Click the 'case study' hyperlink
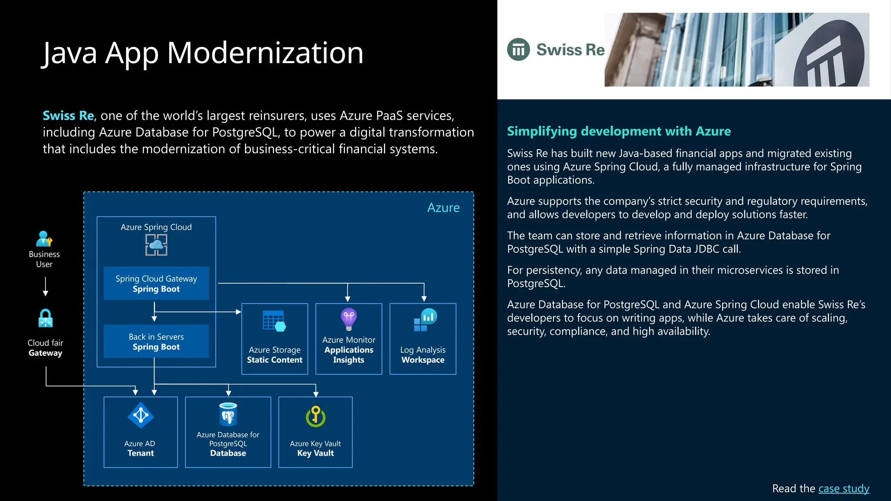844,489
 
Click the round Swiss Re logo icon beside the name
518,50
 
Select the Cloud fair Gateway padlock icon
45,318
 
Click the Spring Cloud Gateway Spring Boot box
156,284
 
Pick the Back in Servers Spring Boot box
156,341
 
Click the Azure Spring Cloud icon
156,245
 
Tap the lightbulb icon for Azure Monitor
348,319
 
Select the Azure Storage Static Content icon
274,321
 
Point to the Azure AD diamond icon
141,415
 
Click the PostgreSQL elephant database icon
228,414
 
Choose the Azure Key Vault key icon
315,416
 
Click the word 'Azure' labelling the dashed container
443,208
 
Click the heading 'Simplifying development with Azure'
619,131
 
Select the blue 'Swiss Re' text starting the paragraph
68,116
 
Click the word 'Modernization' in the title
265,53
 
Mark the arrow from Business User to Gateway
45,287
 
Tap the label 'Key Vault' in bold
315,453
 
